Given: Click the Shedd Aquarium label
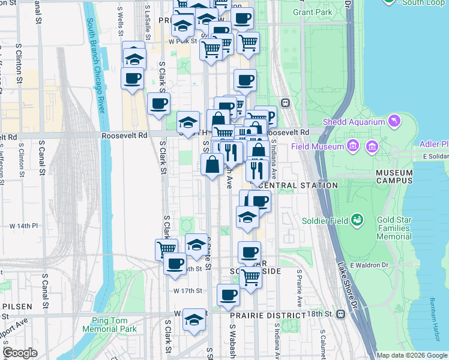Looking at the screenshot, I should [353, 122].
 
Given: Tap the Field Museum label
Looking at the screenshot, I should [318, 146].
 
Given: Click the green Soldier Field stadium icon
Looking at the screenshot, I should [357, 220].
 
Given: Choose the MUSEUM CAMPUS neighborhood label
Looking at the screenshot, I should [394, 176].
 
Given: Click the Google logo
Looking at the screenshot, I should [20, 353].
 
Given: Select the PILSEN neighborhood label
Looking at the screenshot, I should [17, 306].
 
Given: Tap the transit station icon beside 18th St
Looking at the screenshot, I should [341, 314].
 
